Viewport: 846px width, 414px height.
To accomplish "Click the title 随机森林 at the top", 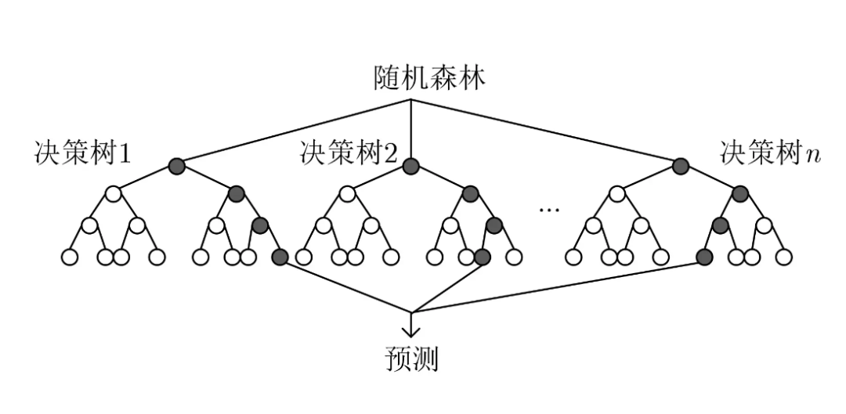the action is pyautogui.click(x=429, y=79).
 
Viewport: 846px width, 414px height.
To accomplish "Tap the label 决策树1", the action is pyautogui.click(x=82, y=153).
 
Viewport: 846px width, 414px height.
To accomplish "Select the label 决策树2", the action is pyautogui.click(x=349, y=153).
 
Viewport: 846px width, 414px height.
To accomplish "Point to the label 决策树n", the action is pyautogui.click(x=770, y=153).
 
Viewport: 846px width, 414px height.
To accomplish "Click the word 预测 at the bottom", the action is pyautogui.click(x=411, y=359).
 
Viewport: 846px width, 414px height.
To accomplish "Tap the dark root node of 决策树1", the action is pyautogui.click(x=176, y=167).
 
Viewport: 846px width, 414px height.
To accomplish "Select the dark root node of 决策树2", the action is pyautogui.click(x=411, y=167).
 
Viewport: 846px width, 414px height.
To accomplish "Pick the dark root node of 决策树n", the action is pyautogui.click(x=681, y=167).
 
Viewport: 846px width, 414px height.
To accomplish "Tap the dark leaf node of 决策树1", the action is pyautogui.click(x=280, y=257).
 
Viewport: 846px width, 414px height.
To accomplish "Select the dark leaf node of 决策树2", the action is pyautogui.click(x=483, y=257).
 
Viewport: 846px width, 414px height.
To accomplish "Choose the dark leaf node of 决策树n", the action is pyautogui.click(x=704, y=257).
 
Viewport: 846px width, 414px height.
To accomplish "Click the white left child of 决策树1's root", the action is pyautogui.click(x=113, y=193).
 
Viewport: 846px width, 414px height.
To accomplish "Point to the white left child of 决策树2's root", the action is pyautogui.click(x=348, y=193).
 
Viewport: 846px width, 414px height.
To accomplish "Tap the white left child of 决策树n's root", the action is pyautogui.click(x=617, y=193).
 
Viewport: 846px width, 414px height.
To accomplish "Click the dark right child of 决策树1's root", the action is pyautogui.click(x=237, y=193).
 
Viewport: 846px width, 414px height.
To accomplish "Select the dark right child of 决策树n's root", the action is pyautogui.click(x=740, y=193).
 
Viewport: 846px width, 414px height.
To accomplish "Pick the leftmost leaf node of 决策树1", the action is pyautogui.click(x=70, y=257).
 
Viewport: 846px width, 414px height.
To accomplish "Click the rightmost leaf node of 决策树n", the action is pyautogui.click(x=784, y=257).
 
